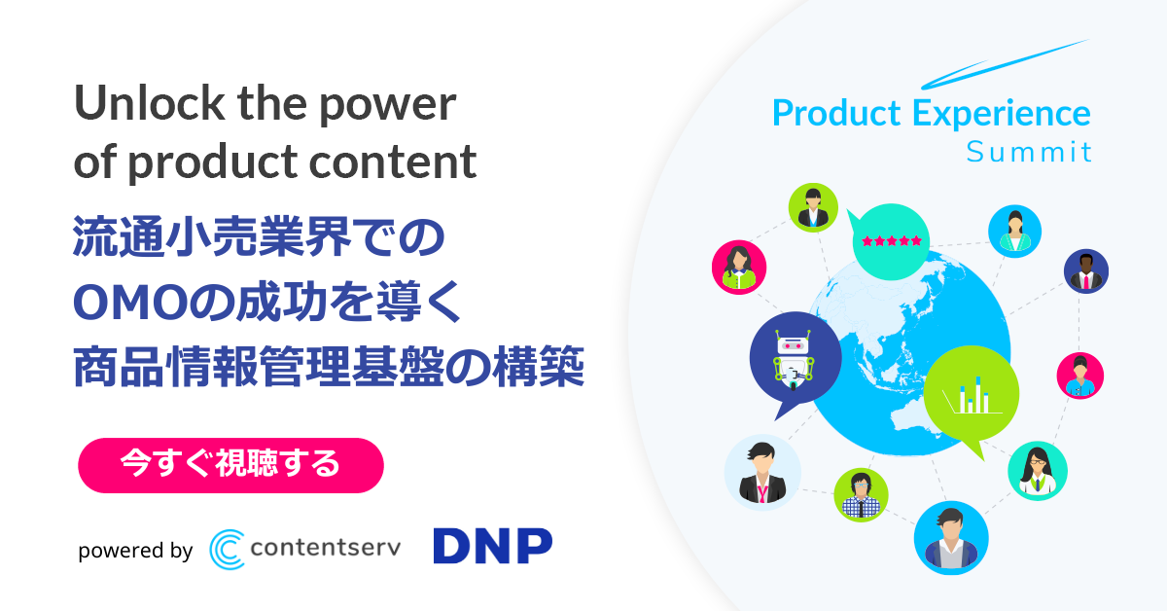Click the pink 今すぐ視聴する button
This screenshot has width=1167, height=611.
(x=230, y=465)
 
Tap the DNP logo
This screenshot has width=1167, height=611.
(x=493, y=546)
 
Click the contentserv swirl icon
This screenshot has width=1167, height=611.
(x=227, y=549)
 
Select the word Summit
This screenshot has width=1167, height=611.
(x=1029, y=152)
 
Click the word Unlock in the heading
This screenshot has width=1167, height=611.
(x=150, y=103)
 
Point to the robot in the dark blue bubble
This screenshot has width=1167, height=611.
(x=793, y=360)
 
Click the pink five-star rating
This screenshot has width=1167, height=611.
(x=892, y=241)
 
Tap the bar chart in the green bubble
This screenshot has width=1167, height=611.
(x=972, y=395)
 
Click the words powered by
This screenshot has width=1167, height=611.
(x=135, y=551)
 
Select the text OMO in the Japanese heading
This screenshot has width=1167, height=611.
(x=130, y=304)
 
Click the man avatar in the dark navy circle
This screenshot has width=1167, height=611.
(x=1085, y=271)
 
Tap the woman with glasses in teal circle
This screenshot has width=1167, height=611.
(x=1038, y=471)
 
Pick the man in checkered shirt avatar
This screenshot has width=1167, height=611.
(x=861, y=495)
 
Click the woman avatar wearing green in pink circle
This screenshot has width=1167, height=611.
(x=739, y=267)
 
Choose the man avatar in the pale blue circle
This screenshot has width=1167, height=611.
(x=762, y=472)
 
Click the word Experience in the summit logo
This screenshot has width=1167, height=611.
(x=1001, y=114)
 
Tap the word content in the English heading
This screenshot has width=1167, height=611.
(x=393, y=162)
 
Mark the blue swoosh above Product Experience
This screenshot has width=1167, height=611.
(x=1004, y=63)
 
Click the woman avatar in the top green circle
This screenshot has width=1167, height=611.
(x=813, y=207)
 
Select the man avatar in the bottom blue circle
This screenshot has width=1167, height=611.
(x=951, y=538)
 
